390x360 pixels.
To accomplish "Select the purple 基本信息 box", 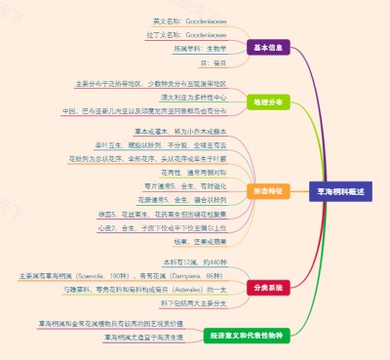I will pyautogui.click(x=267, y=46).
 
